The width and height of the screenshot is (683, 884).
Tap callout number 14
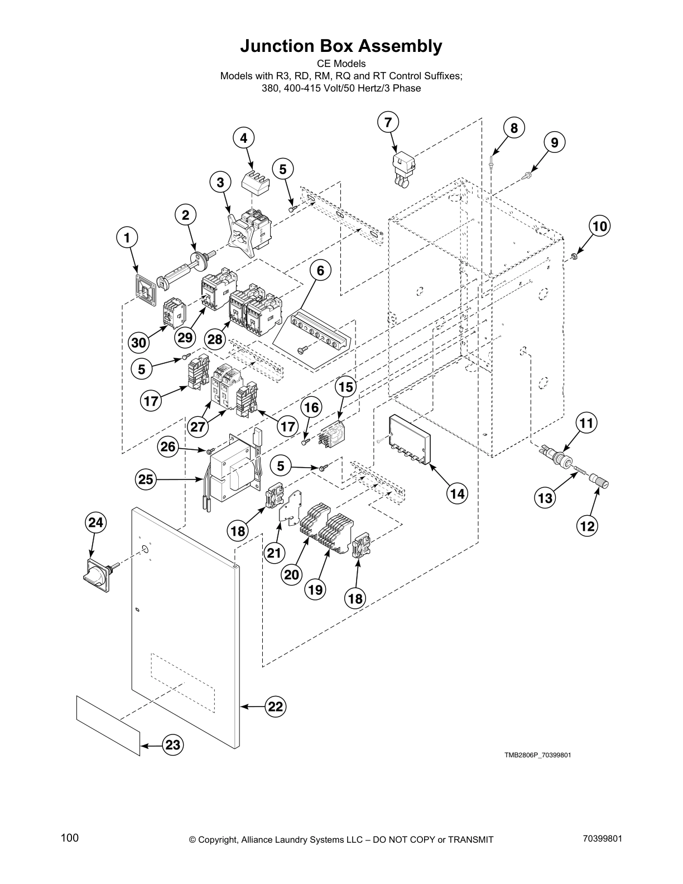pos(457,493)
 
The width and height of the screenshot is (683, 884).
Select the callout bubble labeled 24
pos(95,522)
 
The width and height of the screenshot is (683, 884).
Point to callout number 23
pos(173,744)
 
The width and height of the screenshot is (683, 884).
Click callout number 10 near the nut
pos(599,226)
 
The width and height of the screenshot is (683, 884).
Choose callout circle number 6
pos(320,270)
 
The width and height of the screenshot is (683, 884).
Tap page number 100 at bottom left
pos(70,838)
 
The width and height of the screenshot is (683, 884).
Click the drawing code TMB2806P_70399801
pos(537,755)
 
